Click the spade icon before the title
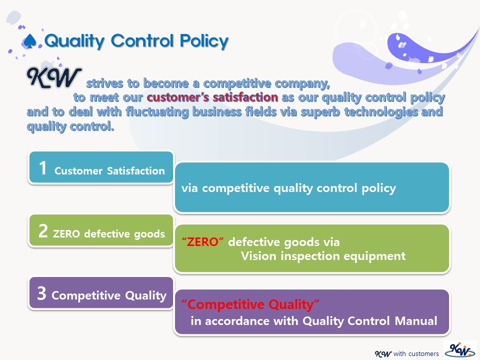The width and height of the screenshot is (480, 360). (x=30, y=41)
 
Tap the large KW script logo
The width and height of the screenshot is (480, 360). (x=54, y=78)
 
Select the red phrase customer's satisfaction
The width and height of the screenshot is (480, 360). (x=212, y=97)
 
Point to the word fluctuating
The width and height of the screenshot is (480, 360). (x=157, y=111)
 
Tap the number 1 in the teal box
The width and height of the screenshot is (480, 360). (x=42, y=168)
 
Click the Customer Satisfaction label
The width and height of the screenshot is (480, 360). (x=109, y=170)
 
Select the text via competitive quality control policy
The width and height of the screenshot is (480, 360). (x=288, y=188)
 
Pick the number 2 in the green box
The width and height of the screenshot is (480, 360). (x=43, y=231)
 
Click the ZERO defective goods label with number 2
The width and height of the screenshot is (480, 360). (x=109, y=234)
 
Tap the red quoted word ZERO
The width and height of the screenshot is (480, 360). (x=202, y=242)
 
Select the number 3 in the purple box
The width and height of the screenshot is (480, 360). (x=41, y=293)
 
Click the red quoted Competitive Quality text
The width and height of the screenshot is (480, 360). (x=250, y=304)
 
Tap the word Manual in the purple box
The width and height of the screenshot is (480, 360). (x=416, y=321)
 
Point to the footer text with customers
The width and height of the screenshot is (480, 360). (x=416, y=353)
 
